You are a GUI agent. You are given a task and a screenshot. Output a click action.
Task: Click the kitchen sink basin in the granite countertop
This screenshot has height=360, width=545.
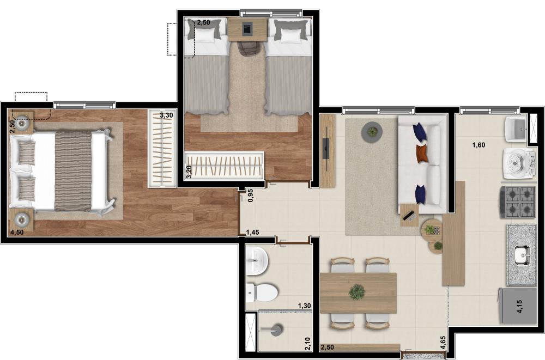pyautogui.click(x=522, y=255)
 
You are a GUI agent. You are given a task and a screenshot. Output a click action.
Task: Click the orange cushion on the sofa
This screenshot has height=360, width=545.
pyautogui.click(x=422, y=153)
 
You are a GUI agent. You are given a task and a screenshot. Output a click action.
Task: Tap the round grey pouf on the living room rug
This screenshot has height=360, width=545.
pyautogui.click(x=372, y=132)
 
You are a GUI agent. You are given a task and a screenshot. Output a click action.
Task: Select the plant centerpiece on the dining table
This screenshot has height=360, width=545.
pyautogui.click(x=356, y=292)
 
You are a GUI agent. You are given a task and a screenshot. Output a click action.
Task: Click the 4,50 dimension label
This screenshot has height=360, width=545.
pyautogui.click(x=17, y=233)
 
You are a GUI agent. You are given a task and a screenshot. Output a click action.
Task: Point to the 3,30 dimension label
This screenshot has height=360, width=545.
pyautogui.click(x=166, y=115)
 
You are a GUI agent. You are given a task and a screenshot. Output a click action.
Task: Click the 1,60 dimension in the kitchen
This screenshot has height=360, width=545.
pyautogui.click(x=479, y=145)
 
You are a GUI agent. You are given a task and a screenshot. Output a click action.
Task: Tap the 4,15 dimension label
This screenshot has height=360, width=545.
pyautogui.click(x=519, y=307)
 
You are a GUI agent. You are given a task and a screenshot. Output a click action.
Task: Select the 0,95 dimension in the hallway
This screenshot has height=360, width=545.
pyautogui.click(x=251, y=196)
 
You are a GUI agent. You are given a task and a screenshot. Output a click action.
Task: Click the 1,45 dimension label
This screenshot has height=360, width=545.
pyautogui.click(x=252, y=233)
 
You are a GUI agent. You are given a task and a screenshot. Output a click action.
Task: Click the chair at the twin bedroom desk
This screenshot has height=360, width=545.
pyautogui.click(x=249, y=48)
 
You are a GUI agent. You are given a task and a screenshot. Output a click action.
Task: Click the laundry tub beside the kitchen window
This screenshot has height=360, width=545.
pyautogui.click(x=515, y=129)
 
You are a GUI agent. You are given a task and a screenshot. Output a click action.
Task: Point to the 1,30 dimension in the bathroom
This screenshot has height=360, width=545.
pyautogui.click(x=304, y=306)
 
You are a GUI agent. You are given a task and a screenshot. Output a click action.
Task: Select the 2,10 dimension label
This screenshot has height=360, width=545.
pyautogui.click(x=307, y=344)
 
